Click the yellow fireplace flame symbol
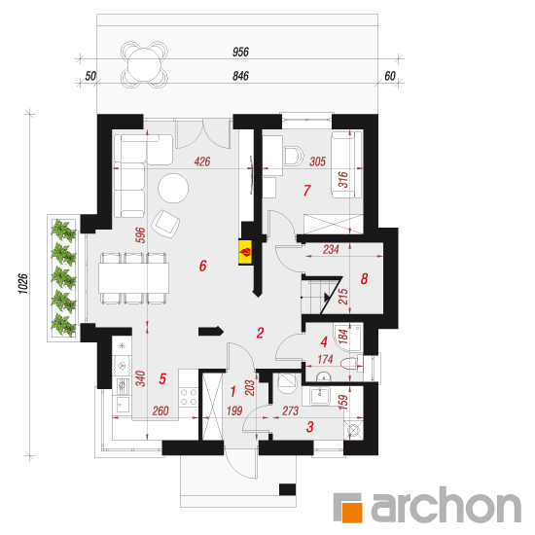pos(245,252)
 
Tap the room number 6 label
pos(202,266)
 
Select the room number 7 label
pos(307,190)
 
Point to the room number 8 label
pos(364,279)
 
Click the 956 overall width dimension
pos(240,52)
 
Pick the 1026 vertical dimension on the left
pos(22,283)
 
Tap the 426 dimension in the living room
pos(202,161)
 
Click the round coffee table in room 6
pos(173,189)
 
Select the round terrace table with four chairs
pos(144,64)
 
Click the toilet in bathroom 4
pos(351,364)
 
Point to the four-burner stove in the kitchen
pos(189,397)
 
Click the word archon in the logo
pos(446,504)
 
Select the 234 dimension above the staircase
pos(331,249)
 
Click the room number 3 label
pos(309,427)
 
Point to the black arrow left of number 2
pos(211,331)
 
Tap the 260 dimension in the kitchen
pos(160,410)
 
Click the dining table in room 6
pos(134,278)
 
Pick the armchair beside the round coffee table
pos(165,224)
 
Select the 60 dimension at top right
pos(390,76)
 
